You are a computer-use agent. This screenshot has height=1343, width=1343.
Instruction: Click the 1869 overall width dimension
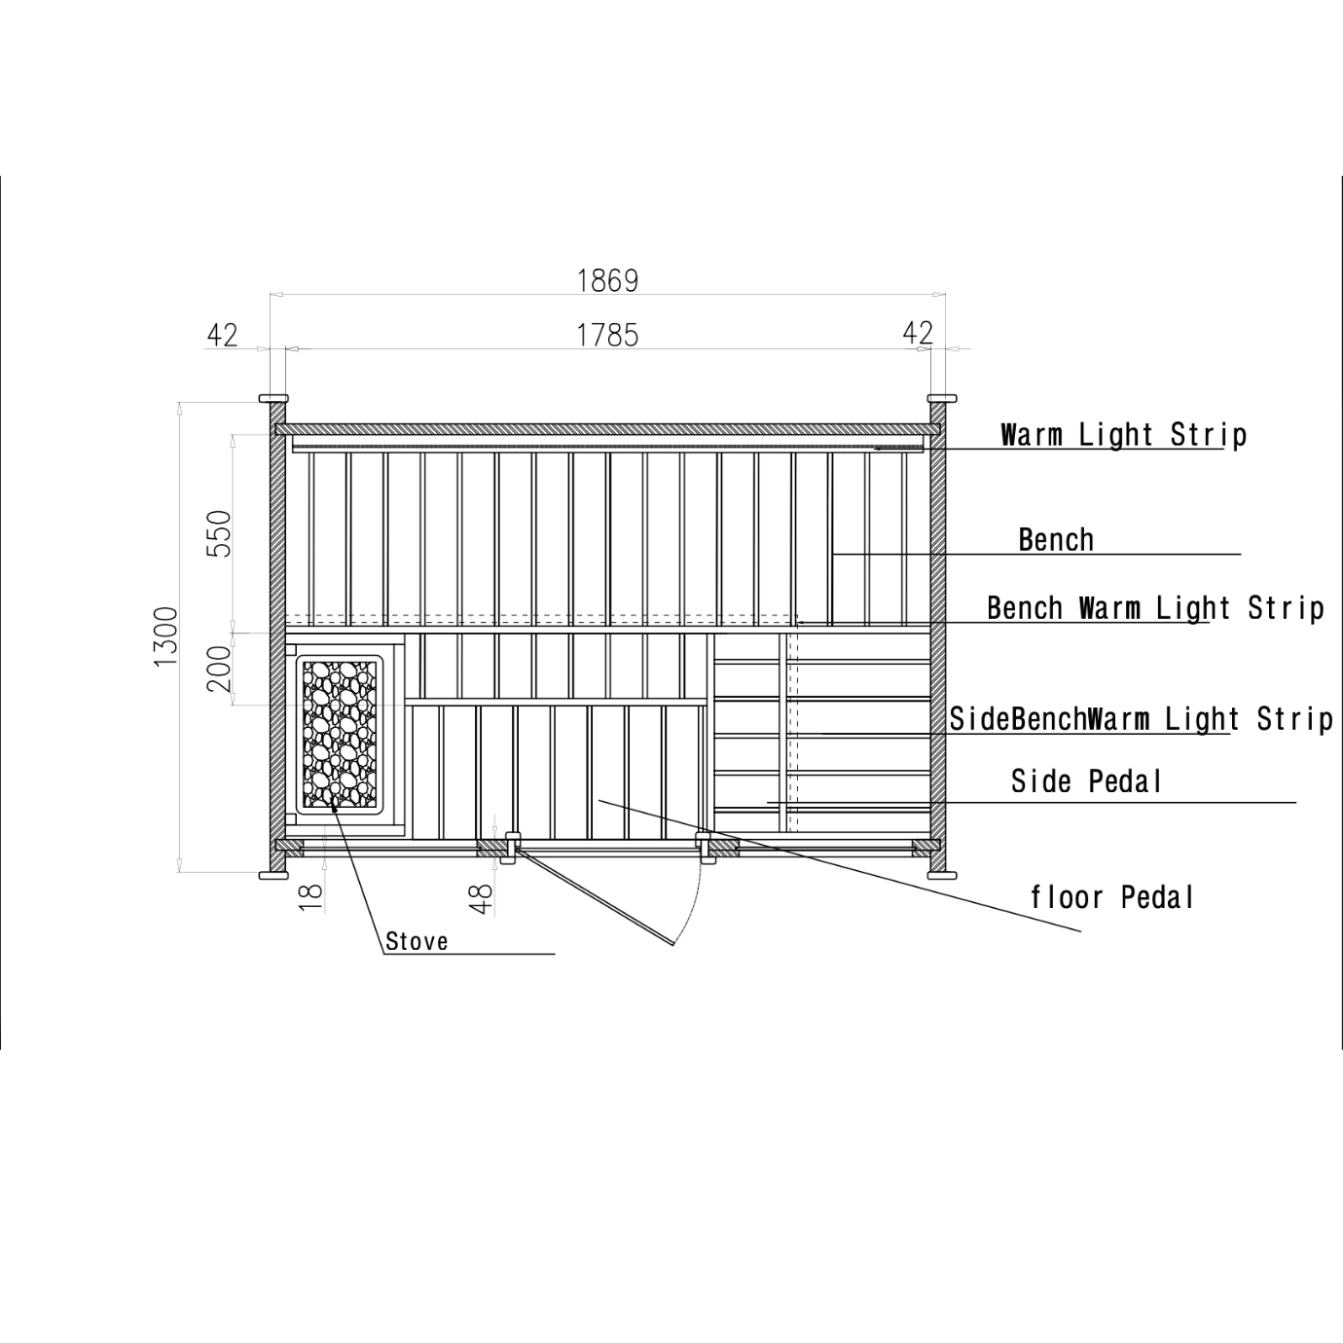pyautogui.click(x=607, y=280)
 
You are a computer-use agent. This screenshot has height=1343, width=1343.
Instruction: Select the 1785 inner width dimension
pyautogui.click(x=607, y=336)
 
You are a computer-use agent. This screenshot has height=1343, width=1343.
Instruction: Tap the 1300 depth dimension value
pyautogui.click(x=166, y=636)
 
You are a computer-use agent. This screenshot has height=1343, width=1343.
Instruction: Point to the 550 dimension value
pyautogui.click(x=220, y=533)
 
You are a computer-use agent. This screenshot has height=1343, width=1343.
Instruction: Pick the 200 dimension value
pyautogui.click(x=220, y=669)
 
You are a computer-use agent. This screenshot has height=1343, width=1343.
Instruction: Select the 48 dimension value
pyautogui.click(x=481, y=899)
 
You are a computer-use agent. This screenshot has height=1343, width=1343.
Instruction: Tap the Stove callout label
pyautogui.click(x=417, y=942)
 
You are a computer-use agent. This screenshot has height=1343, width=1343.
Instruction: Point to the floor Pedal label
pyautogui.click(x=1112, y=897)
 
